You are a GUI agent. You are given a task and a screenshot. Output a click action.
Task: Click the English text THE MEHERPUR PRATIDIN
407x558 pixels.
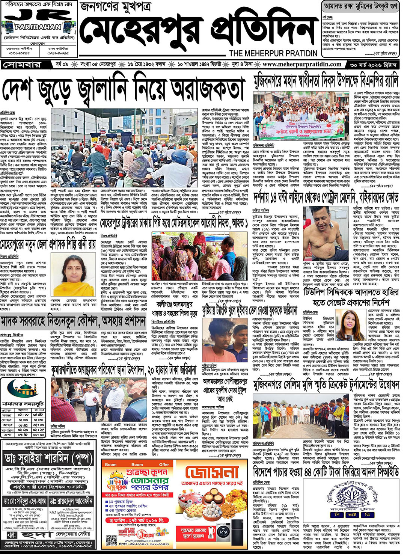273,53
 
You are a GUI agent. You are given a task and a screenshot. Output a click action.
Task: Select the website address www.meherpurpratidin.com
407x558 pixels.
302,64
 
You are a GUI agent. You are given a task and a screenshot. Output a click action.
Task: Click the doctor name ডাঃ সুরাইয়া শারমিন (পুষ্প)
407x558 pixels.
48,458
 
